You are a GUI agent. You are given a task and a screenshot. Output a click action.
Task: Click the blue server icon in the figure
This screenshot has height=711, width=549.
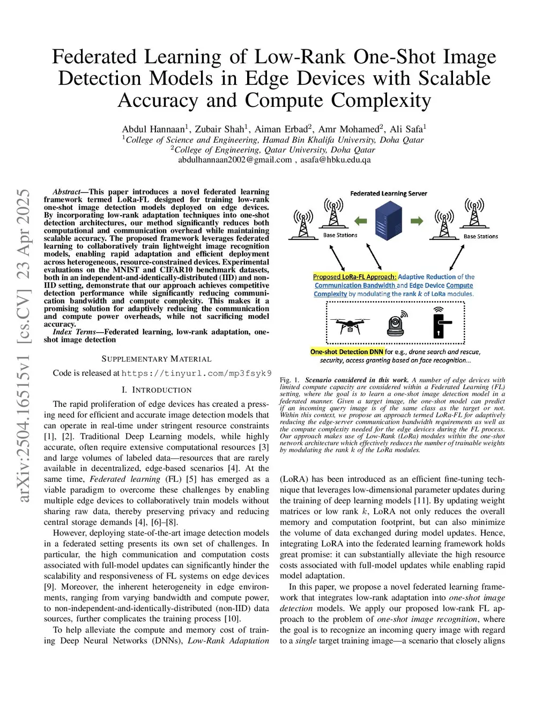(389, 221)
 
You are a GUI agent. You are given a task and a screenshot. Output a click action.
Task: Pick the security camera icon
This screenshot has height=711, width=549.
(396, 323)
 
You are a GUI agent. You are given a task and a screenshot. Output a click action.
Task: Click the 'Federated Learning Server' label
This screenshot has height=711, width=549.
(389, 193)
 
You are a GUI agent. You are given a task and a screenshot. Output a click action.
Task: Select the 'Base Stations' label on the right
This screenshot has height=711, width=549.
(480, 236)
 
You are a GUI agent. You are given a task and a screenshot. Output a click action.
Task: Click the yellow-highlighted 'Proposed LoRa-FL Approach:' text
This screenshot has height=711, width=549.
(354, 277)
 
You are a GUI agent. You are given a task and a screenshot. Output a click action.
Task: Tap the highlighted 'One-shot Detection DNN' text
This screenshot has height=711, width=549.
(347, 352)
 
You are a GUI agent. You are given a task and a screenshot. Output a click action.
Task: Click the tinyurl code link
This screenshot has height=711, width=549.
(196, 373)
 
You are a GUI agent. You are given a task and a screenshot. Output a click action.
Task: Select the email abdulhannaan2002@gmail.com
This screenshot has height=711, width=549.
(235, 159)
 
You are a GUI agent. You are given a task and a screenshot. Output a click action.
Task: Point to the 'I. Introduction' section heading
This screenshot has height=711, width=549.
(157, 390)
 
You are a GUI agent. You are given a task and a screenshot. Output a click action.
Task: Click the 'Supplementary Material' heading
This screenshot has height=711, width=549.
(157, 359)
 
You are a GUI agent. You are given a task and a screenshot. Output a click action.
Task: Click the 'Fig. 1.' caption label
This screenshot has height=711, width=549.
(290, 380)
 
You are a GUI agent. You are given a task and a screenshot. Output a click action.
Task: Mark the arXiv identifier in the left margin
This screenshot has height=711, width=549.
(24, 346)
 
